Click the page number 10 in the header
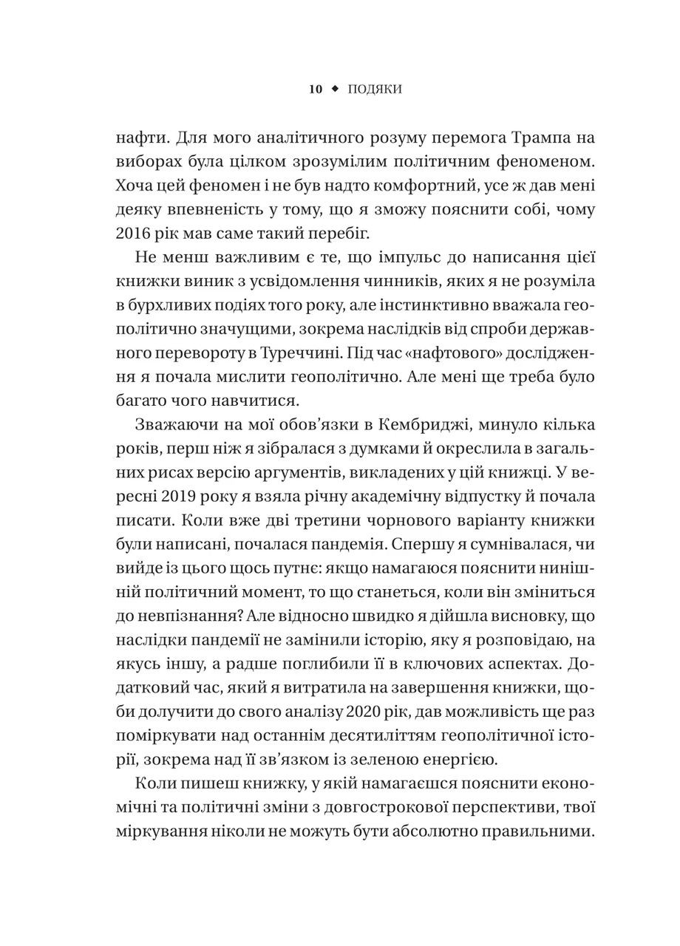(x=315, y=89)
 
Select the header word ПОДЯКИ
(x=374, y=89)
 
